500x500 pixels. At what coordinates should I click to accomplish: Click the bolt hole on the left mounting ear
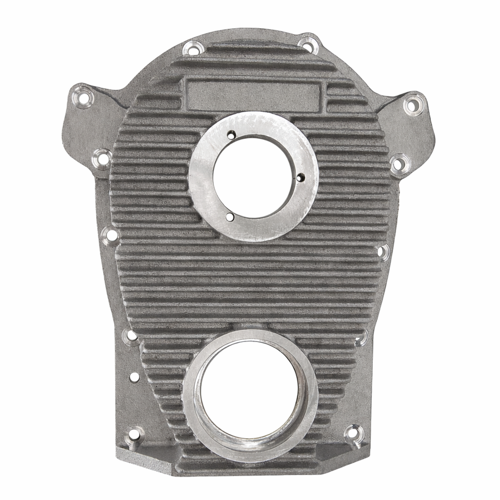[83, 97]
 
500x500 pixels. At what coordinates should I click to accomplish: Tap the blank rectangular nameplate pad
[254, 96]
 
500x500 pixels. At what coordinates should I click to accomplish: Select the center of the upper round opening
[253, 177]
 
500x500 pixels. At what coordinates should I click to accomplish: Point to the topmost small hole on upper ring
[231, 135]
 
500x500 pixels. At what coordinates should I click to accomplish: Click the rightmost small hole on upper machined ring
[301, 177]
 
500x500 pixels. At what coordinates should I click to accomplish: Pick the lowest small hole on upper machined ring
[229, 216]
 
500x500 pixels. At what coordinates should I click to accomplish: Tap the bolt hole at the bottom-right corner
[353, 434]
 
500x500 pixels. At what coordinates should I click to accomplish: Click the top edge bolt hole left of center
[193, 48]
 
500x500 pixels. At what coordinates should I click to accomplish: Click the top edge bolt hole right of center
[308, 44]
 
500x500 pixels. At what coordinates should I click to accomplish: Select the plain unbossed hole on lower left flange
[135, 377]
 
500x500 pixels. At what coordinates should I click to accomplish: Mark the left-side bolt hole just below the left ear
[102, 157]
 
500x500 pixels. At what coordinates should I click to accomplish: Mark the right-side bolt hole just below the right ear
[399, 163]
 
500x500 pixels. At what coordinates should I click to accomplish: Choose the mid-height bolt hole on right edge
[383, 252]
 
